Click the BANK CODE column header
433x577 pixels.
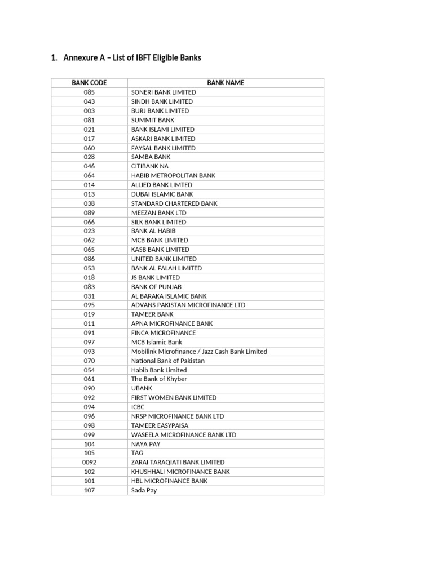89,83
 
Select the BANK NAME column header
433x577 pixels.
226,83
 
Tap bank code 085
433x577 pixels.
89,92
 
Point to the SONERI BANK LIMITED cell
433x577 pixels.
164,92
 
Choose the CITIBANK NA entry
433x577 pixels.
149,166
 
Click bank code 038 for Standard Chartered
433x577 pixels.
89,203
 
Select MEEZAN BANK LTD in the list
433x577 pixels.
158,212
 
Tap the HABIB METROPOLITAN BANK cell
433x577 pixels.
173,175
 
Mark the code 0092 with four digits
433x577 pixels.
89,462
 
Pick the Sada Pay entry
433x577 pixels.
144,490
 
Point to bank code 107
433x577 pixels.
89,490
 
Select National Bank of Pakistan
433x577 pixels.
168,361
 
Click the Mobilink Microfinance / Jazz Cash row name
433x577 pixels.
199,351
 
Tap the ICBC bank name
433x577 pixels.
138,407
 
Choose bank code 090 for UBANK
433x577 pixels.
89,388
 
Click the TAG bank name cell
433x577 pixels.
137,453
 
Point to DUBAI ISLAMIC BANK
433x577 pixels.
162,194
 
